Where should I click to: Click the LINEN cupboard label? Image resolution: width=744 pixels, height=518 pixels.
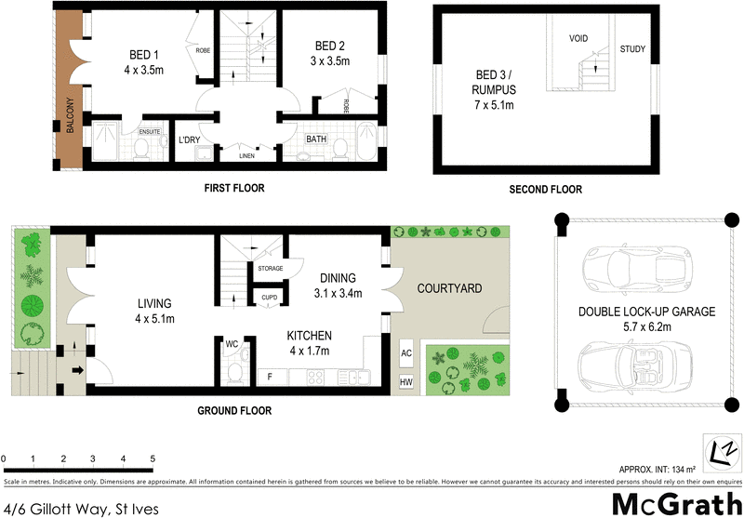click(x=246, y=156)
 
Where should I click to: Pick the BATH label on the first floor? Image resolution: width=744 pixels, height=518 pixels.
click(x=317, y=139)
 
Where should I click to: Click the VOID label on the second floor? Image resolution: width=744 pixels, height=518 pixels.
click(x=579, y=39)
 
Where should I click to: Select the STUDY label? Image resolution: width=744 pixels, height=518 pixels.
click(x=632, y=49)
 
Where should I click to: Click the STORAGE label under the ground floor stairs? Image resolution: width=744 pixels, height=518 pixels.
click(x=271, y=270)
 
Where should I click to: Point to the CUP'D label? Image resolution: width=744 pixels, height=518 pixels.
click(x=270, y=299)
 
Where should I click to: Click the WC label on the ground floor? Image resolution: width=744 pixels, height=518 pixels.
click(x=232, y=343)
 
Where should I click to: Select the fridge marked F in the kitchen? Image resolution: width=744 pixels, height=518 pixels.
click(x=270, y=377)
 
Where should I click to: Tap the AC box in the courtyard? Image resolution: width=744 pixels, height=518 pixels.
click(x=405, y=354)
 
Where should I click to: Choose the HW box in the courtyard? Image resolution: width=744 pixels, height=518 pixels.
click(x=405, y=381)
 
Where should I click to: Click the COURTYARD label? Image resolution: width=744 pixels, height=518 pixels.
click(x=449, y=289)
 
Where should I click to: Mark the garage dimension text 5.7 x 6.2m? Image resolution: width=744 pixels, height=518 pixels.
click(x=646, y=327)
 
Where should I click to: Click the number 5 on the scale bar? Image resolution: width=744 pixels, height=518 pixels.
click(x=152, y=459)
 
